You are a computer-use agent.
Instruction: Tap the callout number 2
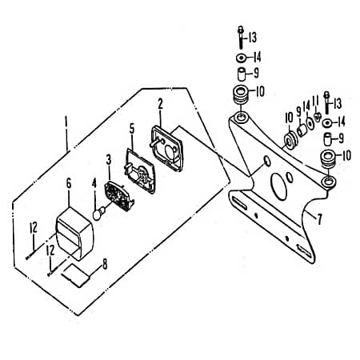point(160,104)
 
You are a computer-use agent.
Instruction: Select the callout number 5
point(132,129)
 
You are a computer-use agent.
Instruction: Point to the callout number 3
point(109,159)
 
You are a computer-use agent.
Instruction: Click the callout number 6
point(69,183)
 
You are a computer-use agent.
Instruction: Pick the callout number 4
point(94,183)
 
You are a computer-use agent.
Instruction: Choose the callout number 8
point(105,264)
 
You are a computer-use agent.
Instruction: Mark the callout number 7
point(319,219)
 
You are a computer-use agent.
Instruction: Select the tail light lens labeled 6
point(75,234)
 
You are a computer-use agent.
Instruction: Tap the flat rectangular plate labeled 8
point(76,276)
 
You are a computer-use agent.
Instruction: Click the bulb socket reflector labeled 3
point(119,196)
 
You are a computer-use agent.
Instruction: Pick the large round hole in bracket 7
point(278,186)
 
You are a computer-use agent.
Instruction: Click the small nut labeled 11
point(317,117)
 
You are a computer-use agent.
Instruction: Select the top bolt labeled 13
point(241,38)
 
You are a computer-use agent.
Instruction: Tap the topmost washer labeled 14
point(242,58)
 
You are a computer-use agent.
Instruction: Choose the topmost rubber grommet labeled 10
point(241,96)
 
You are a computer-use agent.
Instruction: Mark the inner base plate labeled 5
point(140,170)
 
